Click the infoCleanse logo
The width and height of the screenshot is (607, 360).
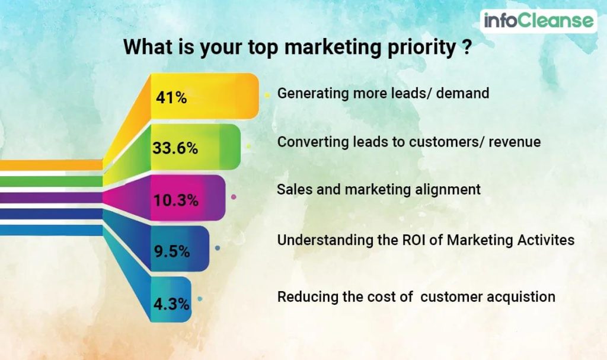pos(538,21)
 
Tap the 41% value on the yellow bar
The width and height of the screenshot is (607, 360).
pos(171,97)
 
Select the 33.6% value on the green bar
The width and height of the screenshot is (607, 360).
pos(175,148)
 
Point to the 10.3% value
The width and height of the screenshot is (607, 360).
pos(175,200)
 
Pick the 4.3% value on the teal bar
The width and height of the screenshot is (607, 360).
pos(171,304)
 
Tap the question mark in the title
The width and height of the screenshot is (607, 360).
pos(466,47)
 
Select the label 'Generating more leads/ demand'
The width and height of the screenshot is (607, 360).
pos(383,93)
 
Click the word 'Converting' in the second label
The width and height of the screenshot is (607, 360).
pos(306,142)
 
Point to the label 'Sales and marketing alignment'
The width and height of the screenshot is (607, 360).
pos(379,190)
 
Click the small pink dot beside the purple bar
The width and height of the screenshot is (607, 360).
pos(234,196)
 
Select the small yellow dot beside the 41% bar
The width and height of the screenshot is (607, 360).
pos(267,94)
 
